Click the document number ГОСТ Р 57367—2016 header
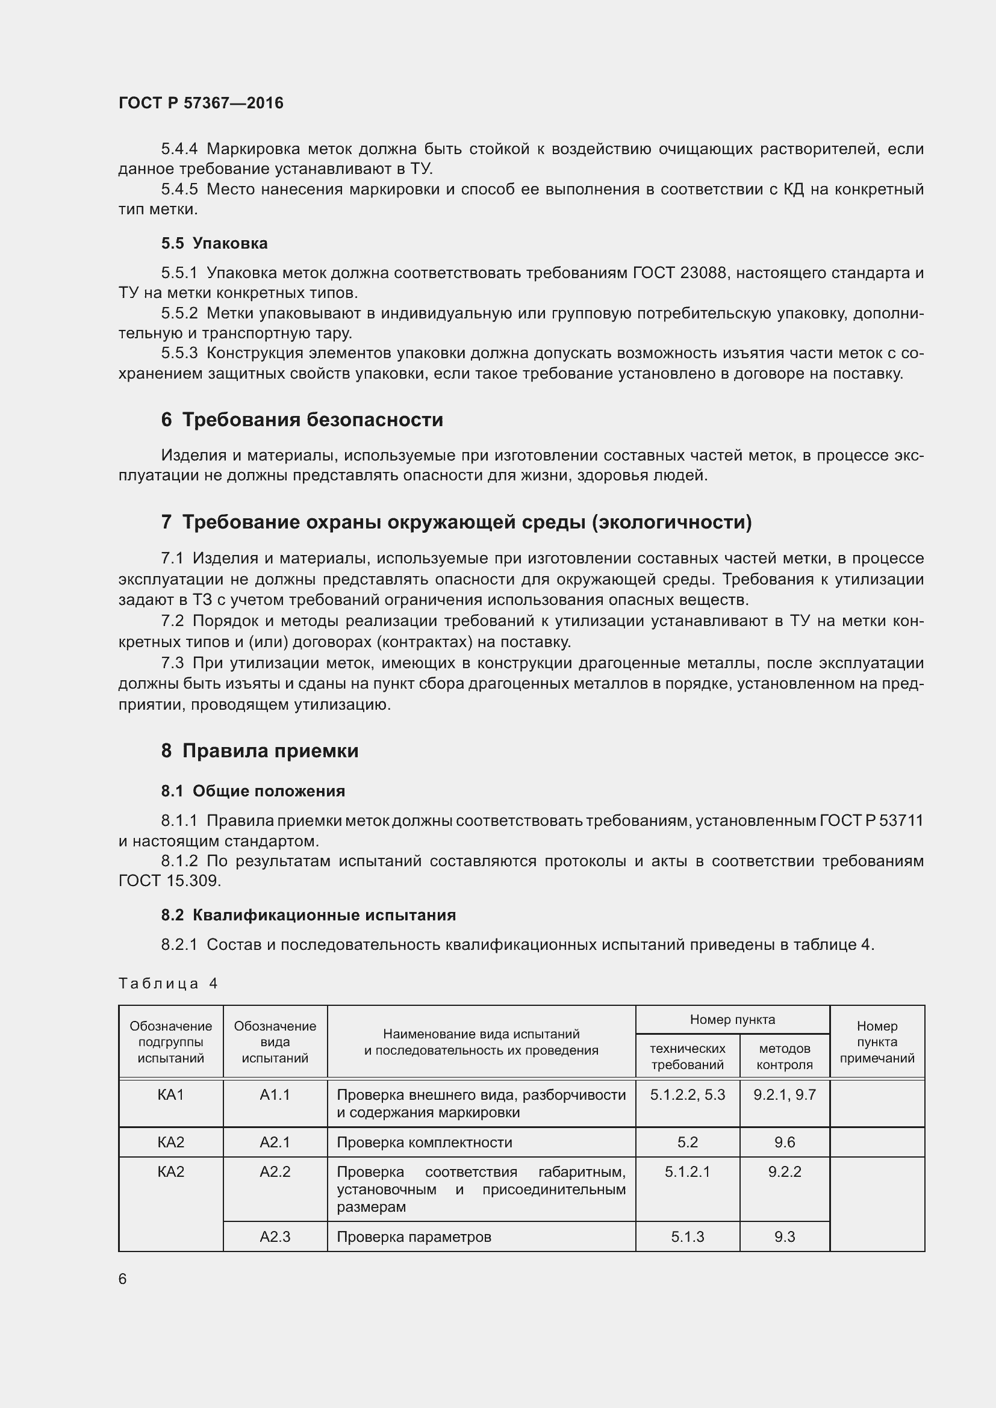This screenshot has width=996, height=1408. click(201, 103)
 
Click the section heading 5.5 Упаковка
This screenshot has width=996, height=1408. click(214, 243)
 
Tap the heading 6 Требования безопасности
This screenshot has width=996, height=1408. click(302, 420)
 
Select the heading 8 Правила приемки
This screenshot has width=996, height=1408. click(260, 751)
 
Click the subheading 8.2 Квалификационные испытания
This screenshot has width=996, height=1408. click(308, 915)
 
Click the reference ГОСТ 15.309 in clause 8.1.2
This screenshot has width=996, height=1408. click(169, 881)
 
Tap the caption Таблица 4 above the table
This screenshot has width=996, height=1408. click(168, 984)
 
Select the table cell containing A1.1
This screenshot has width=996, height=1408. click(275, 1094)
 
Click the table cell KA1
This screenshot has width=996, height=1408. click(170, 1094)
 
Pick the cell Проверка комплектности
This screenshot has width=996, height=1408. click(425, 1143)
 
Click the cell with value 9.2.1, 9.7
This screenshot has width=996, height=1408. click(785, 1094)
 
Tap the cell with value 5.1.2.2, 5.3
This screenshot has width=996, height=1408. click(687, 1094)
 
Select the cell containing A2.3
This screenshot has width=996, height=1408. click(275, 1237)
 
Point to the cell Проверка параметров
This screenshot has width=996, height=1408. click(414, 1237)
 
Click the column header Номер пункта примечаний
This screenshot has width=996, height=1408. click(876, 1042)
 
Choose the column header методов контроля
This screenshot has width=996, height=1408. click(785, 1056)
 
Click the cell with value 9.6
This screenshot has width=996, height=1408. click(785, 1143)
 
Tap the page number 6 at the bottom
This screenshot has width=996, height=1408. click(123, 1279)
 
